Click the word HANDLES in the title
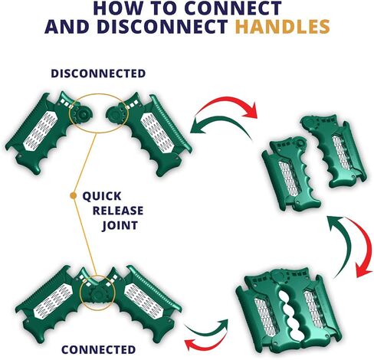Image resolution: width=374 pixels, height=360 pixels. pyautogui.click(x=282, y=27)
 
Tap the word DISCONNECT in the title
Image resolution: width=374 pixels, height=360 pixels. pyautogui.click(x=162, y=27)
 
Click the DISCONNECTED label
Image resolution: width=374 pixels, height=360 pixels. pyautogui.click(x=98, y=74)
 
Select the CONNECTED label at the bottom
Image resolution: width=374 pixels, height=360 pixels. pyautogui.click(x=98, y=349)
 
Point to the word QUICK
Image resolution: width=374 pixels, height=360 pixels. pyautogui.click(x=102, y=196)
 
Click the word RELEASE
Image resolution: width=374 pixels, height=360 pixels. pyautogui.click(x=118, y=211)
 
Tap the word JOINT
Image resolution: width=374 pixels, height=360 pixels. pyautogui.click(x=120, y=226)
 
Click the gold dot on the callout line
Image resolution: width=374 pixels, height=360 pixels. pyautogui.click(x=74, y=195)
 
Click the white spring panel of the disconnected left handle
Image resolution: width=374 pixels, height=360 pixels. pyautogui.click(x=41, y=129)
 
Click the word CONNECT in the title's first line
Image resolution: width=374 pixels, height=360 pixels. pyautogui.click(x=232, y=8)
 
